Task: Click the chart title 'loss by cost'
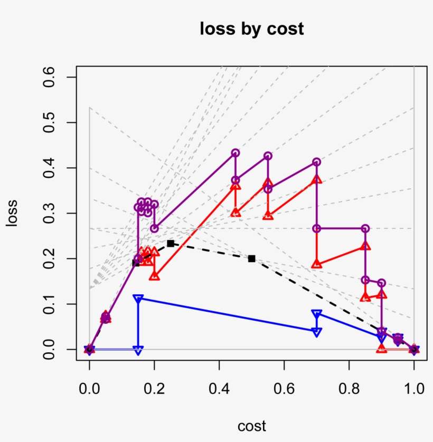pyautogui.click(x=252, y=29)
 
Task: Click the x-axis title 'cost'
pyautogui.click(x=252, y=426)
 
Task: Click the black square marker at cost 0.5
pyautogui.click(x=252, y=258)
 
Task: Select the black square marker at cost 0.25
pyautogui.click(x=171, y=243)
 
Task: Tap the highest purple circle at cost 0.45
pyautogui.click(x=236, y=153)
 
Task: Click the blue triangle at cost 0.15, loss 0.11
pyautogui.click(x=138, y=299)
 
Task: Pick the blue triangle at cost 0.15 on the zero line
pyautogui.click(x=138, y=350)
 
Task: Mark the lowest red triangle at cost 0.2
pyautogui.click(x=154, y=276)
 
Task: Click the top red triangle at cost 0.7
pyautogui.click(x=317, y=179)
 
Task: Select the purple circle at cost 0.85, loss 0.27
pyautogui.click(x=365, y=228)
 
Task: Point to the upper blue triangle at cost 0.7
pyautogui.click(x=317, y=314)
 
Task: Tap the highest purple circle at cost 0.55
pyautogui.click(x=268, y=156)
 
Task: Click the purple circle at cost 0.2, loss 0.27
pyautogui.click(x=154, y=228)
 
